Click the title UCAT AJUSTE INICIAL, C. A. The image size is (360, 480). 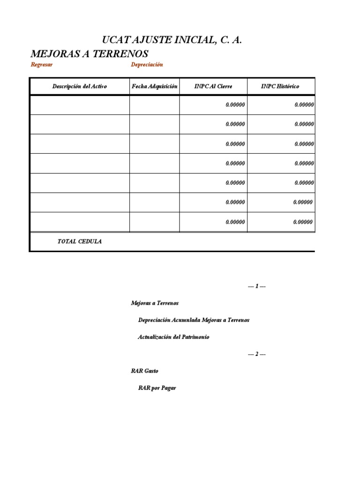[172, 40]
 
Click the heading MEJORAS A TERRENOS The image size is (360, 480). [90, 53]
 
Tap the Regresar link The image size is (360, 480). [42, 65]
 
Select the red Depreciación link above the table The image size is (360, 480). [147, 65]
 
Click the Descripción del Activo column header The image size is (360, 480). [80, 87]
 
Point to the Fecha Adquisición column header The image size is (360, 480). [155, 87]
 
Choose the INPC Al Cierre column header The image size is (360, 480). [213, 87]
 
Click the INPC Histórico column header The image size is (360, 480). [280, 87]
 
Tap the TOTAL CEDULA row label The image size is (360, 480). [79, 242]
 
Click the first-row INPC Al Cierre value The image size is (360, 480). [235, 105]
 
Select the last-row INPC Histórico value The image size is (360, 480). [303, 222]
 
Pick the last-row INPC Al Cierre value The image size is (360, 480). [235, 222]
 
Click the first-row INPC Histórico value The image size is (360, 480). [304, 105]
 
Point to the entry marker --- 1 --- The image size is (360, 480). [257, 286]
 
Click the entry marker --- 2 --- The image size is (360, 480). [257, 354]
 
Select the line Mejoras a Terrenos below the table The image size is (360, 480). [155, 303]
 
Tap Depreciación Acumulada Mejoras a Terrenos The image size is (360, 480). [194, 320]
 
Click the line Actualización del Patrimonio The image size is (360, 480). [173, 337]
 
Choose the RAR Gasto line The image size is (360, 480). [145, 371]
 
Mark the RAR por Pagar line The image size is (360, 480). [157, 388]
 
